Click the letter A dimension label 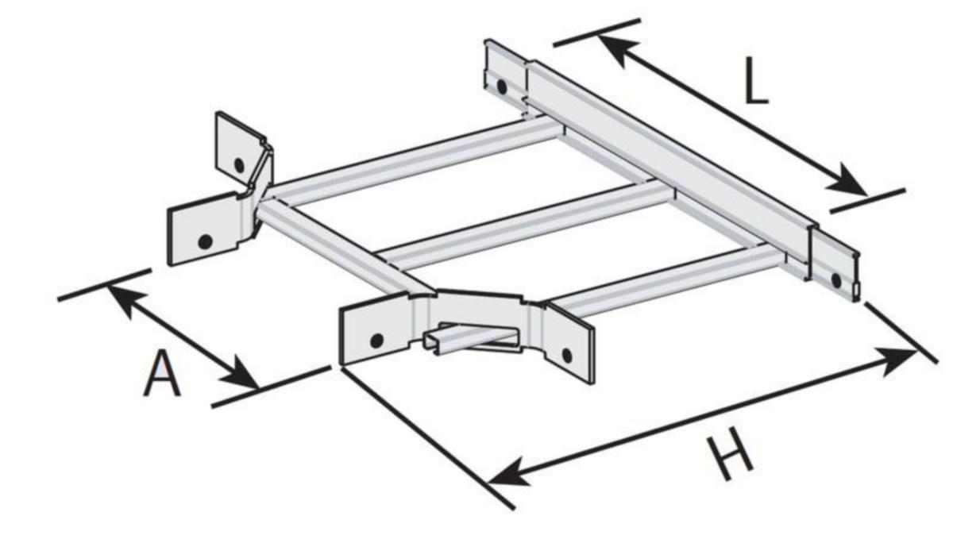(162, 373)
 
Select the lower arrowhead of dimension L (847, 182)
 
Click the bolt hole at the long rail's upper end (502, 87)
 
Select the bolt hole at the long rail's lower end (836, 280)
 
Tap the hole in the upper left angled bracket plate (239, 165)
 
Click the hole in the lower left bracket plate (206, 241)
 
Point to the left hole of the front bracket (377, 341)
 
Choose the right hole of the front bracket (567, 355)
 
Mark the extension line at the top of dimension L (597, 33)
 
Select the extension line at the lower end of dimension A (271, 386)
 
